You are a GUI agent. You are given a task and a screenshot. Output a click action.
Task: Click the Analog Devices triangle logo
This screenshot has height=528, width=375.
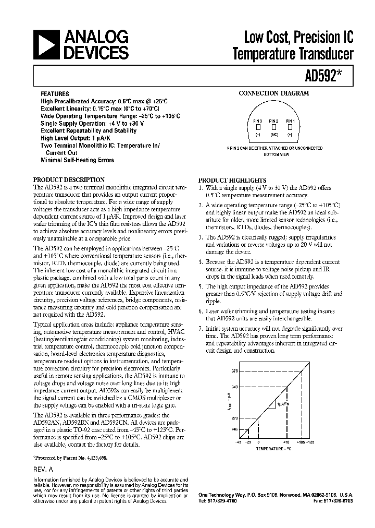point(46,44)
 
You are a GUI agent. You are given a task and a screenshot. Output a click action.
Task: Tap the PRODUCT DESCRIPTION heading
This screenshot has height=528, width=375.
point(69,180)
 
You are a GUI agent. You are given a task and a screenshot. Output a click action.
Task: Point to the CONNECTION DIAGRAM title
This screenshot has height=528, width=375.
point(273,93)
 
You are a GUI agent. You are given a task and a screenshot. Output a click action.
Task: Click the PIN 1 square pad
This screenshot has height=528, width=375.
point(290,127)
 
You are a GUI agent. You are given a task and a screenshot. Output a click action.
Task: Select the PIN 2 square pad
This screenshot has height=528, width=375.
point(273,127)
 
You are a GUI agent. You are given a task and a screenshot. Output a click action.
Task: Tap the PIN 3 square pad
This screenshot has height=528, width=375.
point(258,127)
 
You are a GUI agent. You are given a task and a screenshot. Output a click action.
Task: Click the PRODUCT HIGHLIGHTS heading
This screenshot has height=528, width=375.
point(232,180)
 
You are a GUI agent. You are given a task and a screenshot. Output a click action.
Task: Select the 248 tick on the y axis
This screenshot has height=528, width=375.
point(234,429)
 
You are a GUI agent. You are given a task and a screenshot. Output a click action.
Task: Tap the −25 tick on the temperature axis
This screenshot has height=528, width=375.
point(248,441)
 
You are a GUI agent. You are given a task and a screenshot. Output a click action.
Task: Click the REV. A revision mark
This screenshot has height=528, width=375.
point(44,470)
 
